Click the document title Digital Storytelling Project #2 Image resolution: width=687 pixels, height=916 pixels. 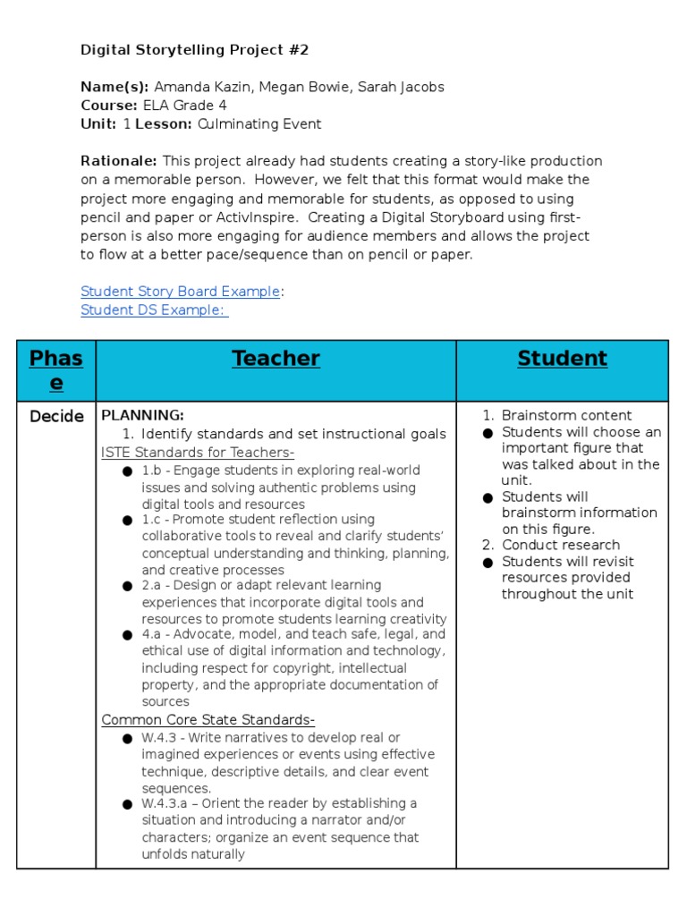click(194, 50)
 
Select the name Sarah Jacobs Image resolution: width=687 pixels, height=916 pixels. click(403, 87)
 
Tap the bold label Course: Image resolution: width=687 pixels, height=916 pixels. click(109, 106)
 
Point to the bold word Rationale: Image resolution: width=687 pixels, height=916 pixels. click(119, 161)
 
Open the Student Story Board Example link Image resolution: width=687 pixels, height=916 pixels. click(181, 291)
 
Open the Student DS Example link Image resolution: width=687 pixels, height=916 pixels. click(154, 310)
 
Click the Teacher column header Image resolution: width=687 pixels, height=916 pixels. click(276, 359)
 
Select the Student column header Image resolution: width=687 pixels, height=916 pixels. click(562, 359)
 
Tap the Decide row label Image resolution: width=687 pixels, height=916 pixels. click(56, 416)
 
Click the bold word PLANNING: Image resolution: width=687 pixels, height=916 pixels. click(143, 415)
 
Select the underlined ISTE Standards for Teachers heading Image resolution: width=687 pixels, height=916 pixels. click(198, 453)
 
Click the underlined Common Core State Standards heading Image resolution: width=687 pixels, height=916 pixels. click(208, 720)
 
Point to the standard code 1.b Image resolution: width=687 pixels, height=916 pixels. click(150, 471)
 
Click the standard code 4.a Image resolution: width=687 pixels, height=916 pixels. click(150, 634)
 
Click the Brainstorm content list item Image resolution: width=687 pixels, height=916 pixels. click(566, 415)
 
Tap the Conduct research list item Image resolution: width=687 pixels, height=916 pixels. click(561, 545)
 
